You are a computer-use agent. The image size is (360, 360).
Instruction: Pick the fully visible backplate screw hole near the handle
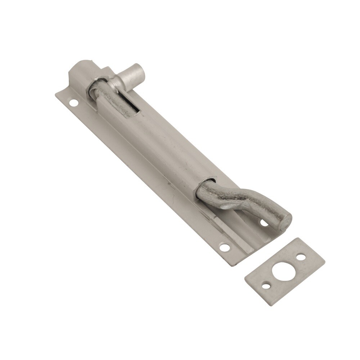(x=224, y=247)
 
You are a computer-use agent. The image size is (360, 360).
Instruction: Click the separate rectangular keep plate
(x=284, y=272)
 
